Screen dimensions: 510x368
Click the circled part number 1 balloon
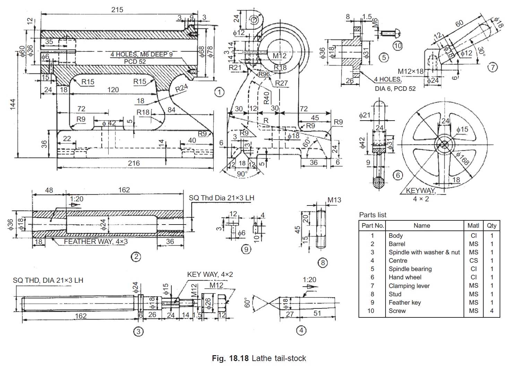pos(219,92)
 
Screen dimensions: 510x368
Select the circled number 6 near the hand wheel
pos(398,175)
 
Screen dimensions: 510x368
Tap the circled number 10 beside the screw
pos(398,46)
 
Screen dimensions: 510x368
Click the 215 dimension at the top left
pos(117,10)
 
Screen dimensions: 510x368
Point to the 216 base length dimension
pos(133,163)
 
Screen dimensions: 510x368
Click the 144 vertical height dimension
pos(12,104)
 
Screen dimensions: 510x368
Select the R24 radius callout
pos(181,88)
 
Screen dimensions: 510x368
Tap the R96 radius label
pos(264,74)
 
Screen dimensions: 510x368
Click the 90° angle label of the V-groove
pos(242,174)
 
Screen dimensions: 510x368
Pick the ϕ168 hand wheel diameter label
pos(463,159)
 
